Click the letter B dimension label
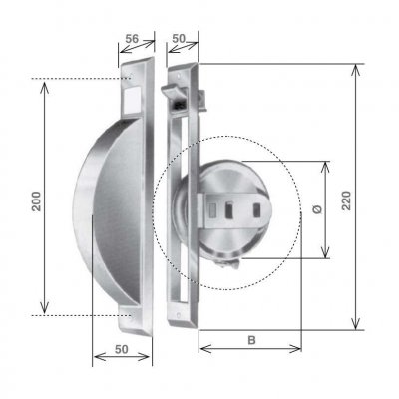[x=251, y=339]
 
